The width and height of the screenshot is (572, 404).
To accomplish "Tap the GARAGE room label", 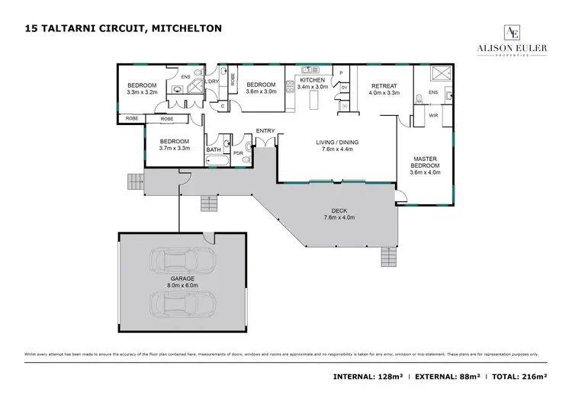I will click(x=182, y=279).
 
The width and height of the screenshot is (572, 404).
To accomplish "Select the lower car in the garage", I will click(x=182, y=303).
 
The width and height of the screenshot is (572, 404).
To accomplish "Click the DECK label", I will click(x=339, y=211).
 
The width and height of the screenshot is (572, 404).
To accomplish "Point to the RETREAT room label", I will click(x=384, y=85).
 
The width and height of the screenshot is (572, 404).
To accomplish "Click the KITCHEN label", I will click(x=312, y=80).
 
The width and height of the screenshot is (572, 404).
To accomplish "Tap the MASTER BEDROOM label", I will click(x=425, y=162).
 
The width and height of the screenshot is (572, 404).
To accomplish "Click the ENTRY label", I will click(x=265, y=130).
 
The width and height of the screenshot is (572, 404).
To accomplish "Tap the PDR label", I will click(x=238, y=152).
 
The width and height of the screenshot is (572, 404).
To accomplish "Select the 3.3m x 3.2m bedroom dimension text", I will click(x=142, y=91).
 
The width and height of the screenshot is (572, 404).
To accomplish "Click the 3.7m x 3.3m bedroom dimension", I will click(x=174, y=149).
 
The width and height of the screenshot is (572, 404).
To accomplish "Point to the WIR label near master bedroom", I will click(x=433, y=116).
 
